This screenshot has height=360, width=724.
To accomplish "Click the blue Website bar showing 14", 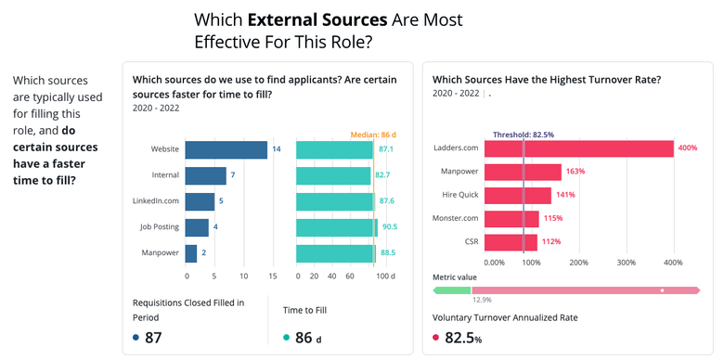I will pos(226,149).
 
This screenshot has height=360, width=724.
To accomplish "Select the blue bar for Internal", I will pos(205,175).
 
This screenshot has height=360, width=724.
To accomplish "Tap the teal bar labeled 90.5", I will pos(336,227).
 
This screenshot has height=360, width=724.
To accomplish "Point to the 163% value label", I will pos(575,172).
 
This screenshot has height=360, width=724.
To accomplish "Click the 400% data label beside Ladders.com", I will pos(687,148).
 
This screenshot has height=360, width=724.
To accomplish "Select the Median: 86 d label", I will pos(375,135).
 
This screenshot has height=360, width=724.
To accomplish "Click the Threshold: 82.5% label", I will pos(523,134).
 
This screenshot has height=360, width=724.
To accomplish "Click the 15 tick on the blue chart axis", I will pos(272,276).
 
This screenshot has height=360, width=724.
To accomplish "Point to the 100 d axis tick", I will pos(385,276).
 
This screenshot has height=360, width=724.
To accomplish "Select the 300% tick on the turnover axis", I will pos(626,263).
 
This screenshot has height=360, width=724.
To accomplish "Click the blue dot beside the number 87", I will pos(136,339).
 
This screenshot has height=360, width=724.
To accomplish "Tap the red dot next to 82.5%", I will pos(436,339).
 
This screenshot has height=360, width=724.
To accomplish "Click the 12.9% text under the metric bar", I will pos(482,300).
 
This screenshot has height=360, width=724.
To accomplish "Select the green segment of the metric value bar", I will pos(454,290).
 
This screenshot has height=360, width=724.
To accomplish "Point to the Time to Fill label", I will pos(304,310).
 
